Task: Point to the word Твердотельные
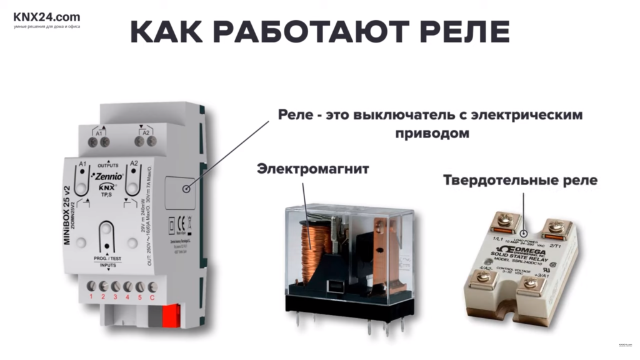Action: (x=493, y=180)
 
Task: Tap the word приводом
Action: (x=431, y=134)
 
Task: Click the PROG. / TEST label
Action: (x=109, y=258)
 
